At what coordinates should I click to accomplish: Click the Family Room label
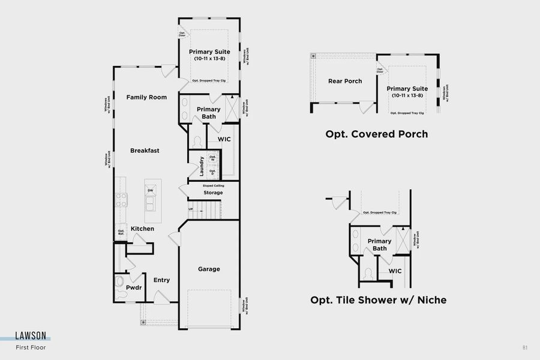click(x=146, y=97)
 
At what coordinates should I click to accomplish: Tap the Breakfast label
click(x=145, y=151)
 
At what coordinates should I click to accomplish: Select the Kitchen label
click(x=142, y=229)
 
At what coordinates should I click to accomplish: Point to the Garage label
click(x=209, y=269)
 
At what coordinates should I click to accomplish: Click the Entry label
click(x=161, y=280)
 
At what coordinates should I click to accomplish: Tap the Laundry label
click(x=202, y=166)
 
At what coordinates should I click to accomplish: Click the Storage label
click(x=213, y=193)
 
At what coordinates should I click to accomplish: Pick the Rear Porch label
click(x=345, y=81)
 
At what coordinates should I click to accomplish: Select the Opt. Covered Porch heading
click(x=377, y=134)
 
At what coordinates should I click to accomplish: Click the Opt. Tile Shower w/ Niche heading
click(x=378, y=299)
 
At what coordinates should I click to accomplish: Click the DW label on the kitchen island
click(x=150, y=190)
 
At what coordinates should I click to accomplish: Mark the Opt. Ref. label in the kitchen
click(x=121, y=232)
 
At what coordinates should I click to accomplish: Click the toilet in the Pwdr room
click(x=119, y=280)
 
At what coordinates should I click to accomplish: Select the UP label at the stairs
click(x=191, y=209)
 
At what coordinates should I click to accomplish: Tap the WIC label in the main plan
click(x=224, y=139)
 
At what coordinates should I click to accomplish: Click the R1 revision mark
click(x=525, y=347)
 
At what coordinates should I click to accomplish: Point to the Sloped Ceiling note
click(x=213, y=186)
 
